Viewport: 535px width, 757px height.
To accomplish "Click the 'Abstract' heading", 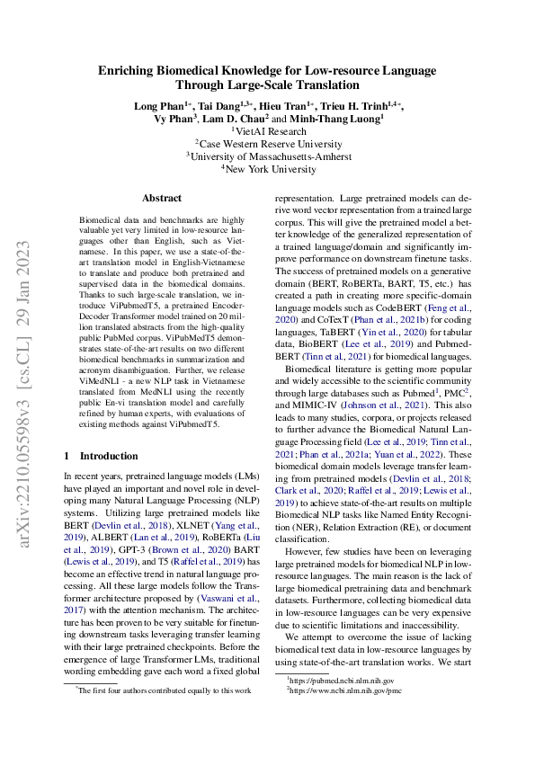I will [x=162, y=198].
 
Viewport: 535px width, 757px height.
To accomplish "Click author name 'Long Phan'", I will [x=156, y=105].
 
